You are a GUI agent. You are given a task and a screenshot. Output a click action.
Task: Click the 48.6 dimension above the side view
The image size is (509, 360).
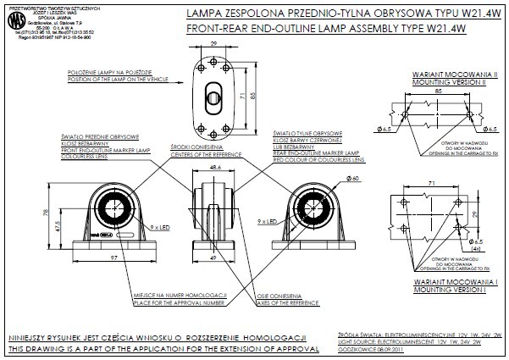tap(213, 169)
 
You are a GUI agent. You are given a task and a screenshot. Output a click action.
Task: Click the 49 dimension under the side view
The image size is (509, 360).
tap(213, 257)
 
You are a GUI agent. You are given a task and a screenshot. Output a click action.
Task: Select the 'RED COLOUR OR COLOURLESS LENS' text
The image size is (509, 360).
tap(318, 158)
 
